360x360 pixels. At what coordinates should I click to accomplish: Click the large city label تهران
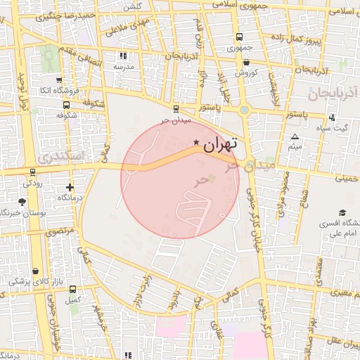[x=220, y=146]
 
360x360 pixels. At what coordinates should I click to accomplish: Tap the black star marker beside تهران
[x=195, y=143]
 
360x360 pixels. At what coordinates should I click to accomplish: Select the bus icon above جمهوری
[x=239, y=37]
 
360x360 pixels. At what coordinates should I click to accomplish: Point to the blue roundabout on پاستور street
[x=244, y=110]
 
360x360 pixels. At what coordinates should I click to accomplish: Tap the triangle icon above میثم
[x=295, y=136]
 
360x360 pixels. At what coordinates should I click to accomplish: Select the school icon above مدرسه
[x=124, y=55]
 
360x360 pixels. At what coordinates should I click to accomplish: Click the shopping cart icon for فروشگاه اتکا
[x=58, y=80]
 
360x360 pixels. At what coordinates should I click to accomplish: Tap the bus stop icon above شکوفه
[x=60, y=104]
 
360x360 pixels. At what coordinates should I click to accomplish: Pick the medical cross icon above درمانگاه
[x=70, y=187]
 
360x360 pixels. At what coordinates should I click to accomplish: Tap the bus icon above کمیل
[x=72, y=289]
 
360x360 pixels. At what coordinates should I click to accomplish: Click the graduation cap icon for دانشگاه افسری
[x=342, y=212]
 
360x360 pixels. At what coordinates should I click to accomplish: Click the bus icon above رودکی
[x=32, y=172]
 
